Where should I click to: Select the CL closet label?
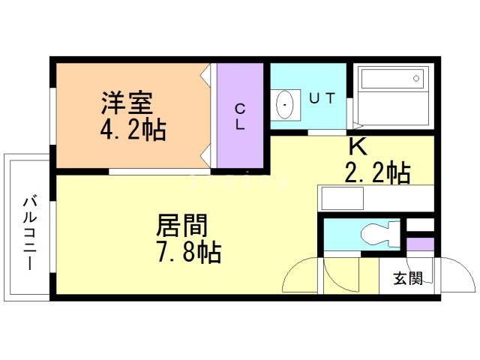pos(240,116)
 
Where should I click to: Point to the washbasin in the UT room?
pos(285,105)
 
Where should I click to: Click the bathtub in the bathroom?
pos(392,97)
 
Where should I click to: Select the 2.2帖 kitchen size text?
pos(376,173)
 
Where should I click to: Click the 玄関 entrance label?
pos(408,278)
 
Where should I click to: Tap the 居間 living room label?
pos(181,225)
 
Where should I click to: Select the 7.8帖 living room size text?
pos(188,253)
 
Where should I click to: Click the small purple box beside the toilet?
pos(421,244)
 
